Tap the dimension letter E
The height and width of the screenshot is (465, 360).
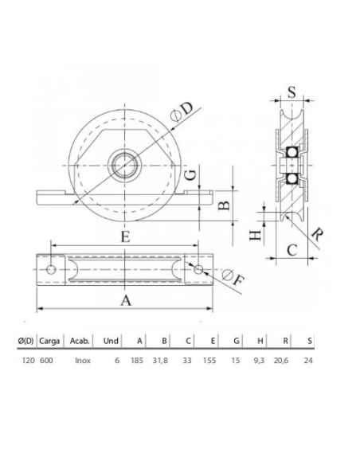(125, 236)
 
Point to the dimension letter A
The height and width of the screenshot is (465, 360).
(125, 299)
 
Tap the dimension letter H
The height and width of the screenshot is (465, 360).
(255, 235)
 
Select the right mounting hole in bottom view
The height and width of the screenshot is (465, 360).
(198, 270)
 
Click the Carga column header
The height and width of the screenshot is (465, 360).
(49, 341)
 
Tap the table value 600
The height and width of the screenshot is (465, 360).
(47, 360)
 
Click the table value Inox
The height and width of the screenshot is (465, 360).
(81, 360)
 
